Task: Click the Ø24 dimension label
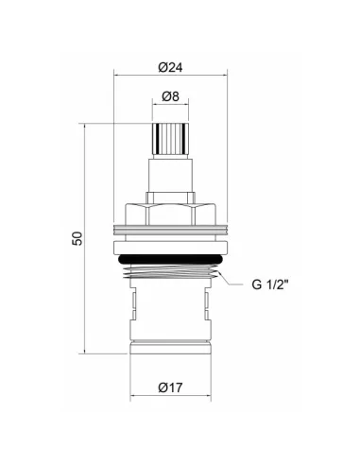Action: (170, 67)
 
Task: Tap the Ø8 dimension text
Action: (170, 96)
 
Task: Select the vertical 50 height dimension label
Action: (77, 238)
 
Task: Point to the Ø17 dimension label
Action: (170, 387)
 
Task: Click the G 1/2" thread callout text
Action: (270, 284)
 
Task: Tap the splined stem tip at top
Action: (170, 139)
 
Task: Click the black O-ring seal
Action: (170, 259)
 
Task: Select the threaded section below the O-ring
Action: (170, 271)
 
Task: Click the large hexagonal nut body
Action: (170, 215)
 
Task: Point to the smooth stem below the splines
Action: (170, 175)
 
